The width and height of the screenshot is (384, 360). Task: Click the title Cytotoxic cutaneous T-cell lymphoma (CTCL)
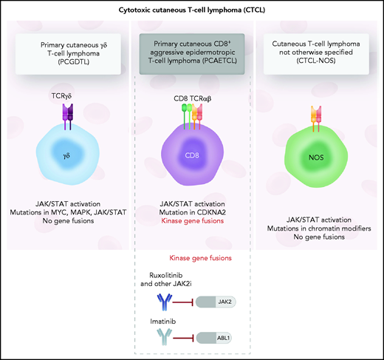191,9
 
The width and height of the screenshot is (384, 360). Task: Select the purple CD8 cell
191,157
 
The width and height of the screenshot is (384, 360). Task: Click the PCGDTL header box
67,52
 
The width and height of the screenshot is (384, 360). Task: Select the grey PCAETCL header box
191,52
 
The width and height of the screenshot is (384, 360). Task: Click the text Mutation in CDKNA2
191,211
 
